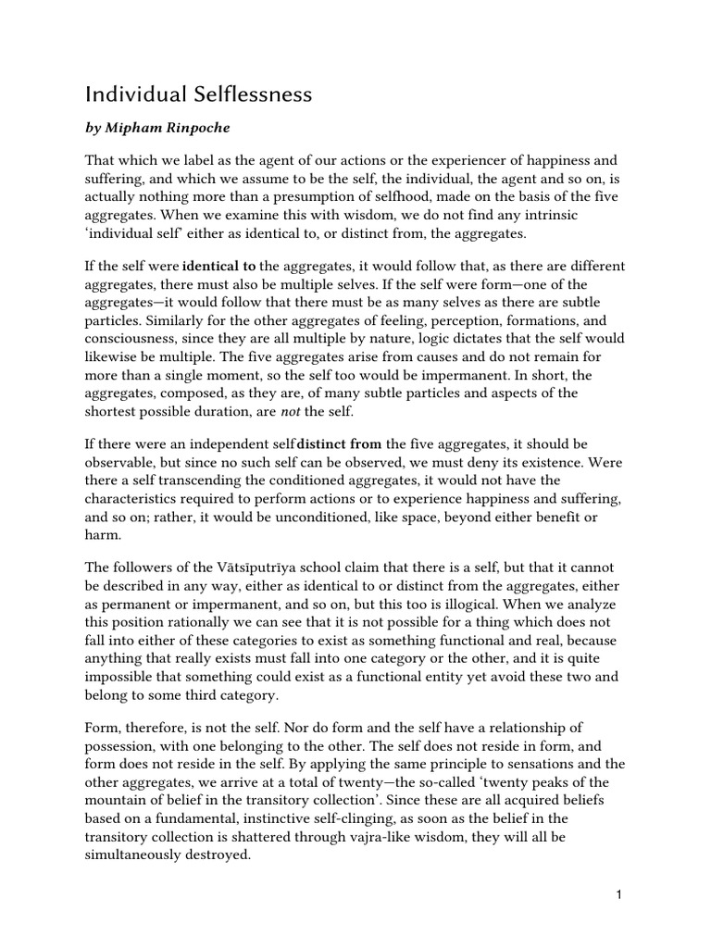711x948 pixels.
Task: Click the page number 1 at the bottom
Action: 617,894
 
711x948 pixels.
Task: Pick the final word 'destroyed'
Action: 215,854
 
